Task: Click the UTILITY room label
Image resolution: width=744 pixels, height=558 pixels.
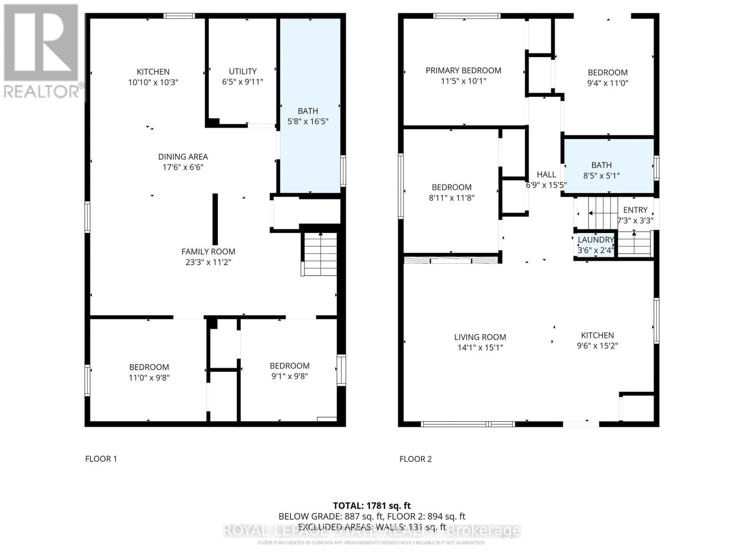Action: tap(242, 71)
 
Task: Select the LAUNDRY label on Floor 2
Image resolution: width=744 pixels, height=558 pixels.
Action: tap(596, 240)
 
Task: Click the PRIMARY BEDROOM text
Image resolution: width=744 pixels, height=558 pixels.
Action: tap(463, 71)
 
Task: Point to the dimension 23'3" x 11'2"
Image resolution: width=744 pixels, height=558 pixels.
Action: tap(208, 262)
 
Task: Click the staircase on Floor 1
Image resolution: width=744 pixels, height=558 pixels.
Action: tap(320, 255)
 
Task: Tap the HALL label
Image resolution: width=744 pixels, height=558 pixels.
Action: tap(546, 174)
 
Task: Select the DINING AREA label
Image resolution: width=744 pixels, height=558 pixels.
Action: tap(183, 157)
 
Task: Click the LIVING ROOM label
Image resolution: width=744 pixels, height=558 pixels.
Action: tap(480, 337)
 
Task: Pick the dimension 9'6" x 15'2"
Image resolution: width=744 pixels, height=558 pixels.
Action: tap(598, 346)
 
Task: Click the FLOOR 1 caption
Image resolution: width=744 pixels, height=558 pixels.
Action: tap(101, 459)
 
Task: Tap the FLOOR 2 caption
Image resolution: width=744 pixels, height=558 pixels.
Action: tap(415, 459)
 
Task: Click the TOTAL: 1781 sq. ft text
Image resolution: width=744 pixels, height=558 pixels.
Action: tap(372, 505)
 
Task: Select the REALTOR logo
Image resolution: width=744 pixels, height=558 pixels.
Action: tap(42, 51)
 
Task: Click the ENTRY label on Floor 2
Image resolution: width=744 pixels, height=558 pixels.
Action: tap(635, 210)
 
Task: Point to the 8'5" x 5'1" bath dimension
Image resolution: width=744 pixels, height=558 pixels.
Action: tap(601, 176)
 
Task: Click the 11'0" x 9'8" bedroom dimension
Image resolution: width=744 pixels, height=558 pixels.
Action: tap(149, 378)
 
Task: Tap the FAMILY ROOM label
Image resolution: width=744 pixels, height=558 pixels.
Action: tap(208, 252)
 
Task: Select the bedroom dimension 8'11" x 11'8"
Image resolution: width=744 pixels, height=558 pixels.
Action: tap(452, 198)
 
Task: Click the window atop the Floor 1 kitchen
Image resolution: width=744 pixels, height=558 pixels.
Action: tap(179, 16)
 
